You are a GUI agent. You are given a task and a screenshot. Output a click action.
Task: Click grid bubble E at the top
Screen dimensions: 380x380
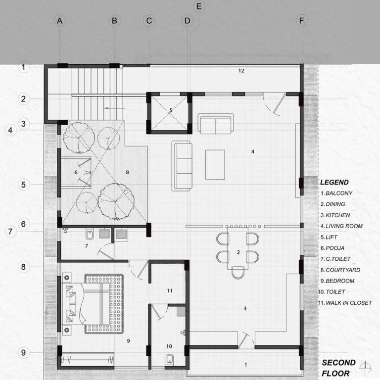pos(199,6)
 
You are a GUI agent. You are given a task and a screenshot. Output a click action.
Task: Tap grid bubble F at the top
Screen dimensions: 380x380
pos(302,21)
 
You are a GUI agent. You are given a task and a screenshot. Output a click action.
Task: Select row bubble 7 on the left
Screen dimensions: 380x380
pos(10,232)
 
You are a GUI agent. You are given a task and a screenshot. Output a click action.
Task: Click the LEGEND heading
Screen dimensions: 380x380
pos(334,182)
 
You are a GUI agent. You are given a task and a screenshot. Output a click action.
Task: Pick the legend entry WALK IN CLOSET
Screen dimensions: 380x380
pos(349,303)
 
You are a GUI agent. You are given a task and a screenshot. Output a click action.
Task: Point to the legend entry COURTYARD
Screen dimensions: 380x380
pos(343,270)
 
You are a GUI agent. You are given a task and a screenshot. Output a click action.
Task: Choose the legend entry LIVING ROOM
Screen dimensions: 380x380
pos(344,226)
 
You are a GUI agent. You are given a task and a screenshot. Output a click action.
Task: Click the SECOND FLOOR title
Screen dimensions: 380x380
pos(338,368)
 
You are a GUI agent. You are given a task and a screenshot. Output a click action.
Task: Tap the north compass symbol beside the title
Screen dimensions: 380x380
pos(366,368)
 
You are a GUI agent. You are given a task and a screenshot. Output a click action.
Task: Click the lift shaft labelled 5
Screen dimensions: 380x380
pos(169,113)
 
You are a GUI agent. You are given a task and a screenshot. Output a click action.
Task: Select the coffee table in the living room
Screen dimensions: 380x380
pos(215,165)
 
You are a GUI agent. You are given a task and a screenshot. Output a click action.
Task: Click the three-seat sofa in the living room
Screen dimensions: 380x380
pos(182,166)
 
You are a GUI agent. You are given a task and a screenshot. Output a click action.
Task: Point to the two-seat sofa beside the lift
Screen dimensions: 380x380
pos(216,124)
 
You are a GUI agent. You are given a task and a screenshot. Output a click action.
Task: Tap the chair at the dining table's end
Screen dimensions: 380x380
pos(238,273)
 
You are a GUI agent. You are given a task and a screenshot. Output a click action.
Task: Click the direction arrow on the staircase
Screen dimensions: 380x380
pos(114,108)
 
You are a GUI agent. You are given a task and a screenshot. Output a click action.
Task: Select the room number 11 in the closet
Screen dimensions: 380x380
pos(170,290)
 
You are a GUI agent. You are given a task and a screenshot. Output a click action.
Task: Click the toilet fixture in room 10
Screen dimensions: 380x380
pos(170,359)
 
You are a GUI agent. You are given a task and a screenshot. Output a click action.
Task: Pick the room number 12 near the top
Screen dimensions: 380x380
pos(241,71)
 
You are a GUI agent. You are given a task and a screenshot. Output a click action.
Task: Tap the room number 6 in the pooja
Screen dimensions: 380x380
pos(76,172)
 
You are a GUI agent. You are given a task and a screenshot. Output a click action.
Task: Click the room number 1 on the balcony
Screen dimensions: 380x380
pos(246,365)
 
